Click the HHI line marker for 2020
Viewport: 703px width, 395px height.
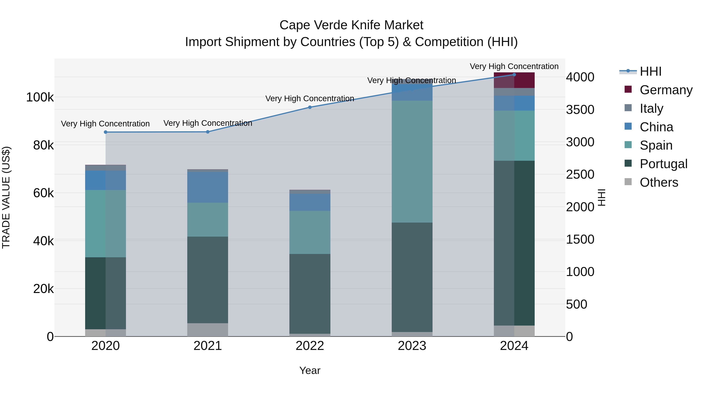(106, 132)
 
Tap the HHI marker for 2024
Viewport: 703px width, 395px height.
(514, 75)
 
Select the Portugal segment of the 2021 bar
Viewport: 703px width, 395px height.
(208, 280)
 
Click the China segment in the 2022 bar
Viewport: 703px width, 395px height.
(310, 202)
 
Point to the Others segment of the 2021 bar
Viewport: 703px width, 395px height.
(208, 330)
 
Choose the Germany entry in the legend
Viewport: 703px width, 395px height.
(666, 90)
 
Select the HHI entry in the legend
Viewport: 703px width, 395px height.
(651, 71)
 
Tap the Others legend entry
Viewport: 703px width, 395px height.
(659, 182)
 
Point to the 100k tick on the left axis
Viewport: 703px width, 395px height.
(40, 97)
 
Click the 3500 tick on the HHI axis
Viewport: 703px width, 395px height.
(580, 110)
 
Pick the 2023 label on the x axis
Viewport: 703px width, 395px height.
(412, 346)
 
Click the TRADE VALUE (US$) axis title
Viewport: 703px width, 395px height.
(6, 197)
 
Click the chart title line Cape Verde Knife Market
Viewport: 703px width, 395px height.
(351, 25)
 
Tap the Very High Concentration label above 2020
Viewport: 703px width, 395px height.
(105, 124)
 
